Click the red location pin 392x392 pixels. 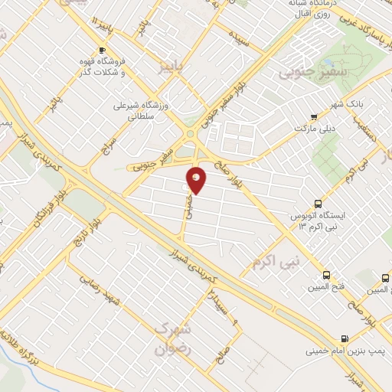pos(198,180)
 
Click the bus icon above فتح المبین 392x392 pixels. pos(328,275)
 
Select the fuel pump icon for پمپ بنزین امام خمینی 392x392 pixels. pos(345,338)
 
